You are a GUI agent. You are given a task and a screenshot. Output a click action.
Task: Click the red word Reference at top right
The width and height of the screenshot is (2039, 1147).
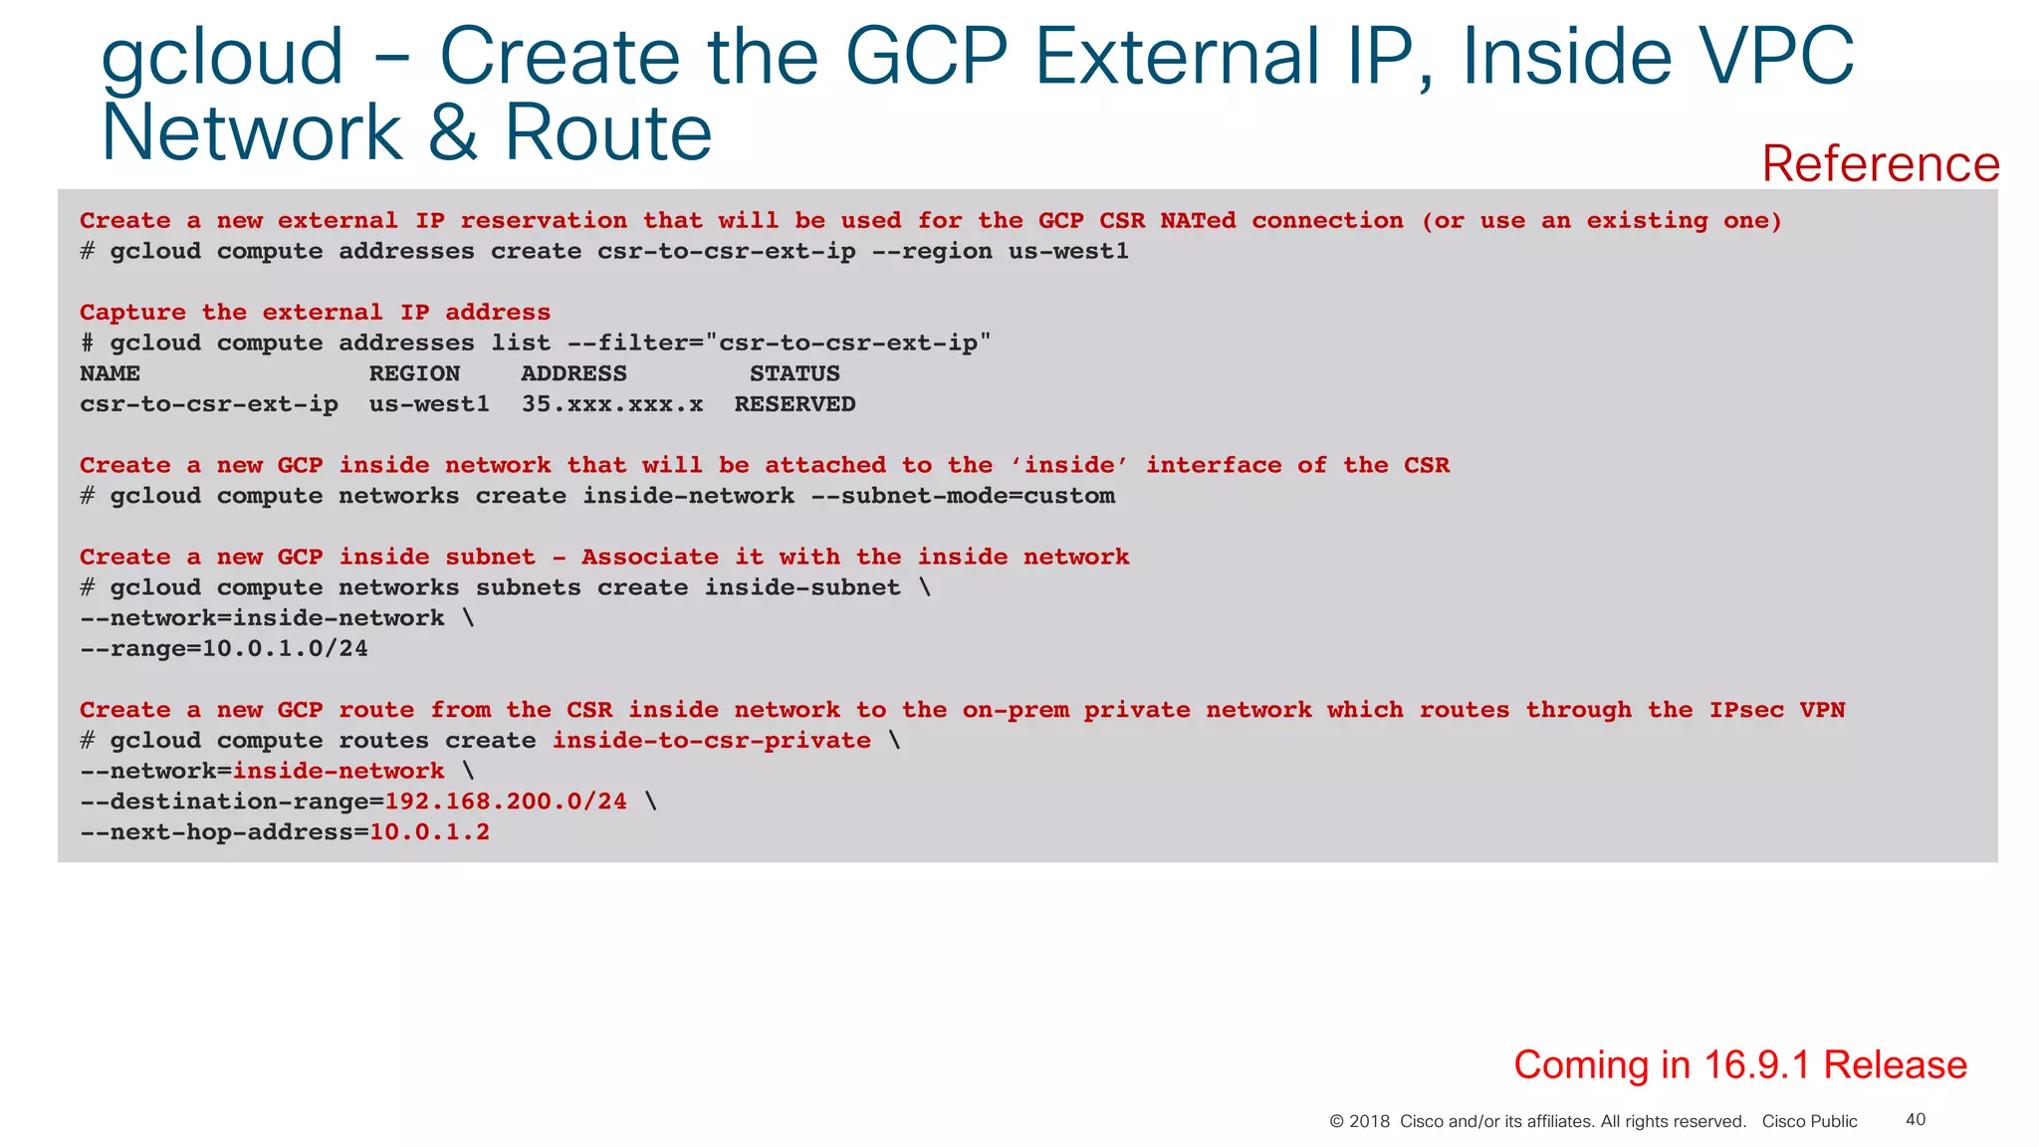[x=1880, y=164]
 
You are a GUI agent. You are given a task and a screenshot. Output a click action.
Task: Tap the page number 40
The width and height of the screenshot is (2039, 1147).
[x=1915, y=1119]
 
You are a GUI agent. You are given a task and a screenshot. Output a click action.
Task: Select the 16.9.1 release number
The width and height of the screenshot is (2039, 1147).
[x=1756, y=1064]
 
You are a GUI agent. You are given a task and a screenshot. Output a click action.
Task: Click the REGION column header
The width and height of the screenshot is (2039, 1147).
[x=414, y=373]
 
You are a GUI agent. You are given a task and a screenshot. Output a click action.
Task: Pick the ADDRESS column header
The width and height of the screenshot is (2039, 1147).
[x=573, y=373]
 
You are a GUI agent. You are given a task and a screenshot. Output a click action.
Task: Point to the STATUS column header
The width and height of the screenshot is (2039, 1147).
[x=794, y=373]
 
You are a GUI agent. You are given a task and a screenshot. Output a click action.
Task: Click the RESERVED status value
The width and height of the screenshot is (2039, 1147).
[x=794, y=404]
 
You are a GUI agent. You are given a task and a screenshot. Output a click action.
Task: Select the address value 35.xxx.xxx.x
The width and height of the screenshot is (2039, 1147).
[x=612, y=404]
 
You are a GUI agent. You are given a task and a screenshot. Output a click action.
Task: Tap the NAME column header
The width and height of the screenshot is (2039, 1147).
[x=110, y=373]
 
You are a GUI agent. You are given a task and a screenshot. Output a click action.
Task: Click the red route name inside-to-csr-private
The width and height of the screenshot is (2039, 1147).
[x=711, y=741]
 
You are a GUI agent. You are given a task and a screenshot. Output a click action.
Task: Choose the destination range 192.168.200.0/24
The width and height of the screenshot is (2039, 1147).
[x=506, y=802]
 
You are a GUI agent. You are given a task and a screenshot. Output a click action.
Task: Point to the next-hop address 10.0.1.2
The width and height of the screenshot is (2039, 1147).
[x=429, y=832]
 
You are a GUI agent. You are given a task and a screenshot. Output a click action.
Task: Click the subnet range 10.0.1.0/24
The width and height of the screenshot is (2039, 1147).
[x=285, y=649]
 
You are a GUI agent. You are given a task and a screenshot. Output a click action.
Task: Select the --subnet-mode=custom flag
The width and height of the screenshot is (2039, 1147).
[x=963, y=496]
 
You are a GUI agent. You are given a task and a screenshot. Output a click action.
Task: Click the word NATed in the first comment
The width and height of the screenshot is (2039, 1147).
[x=1197, y=221]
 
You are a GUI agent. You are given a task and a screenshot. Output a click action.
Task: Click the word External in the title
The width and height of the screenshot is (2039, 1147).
[x=1175, y=57]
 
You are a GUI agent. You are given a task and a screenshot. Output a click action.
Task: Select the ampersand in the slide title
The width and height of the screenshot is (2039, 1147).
[x=453, y=132]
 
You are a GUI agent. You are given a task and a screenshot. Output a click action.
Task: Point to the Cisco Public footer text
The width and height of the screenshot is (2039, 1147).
[x=1809, y=1121]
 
